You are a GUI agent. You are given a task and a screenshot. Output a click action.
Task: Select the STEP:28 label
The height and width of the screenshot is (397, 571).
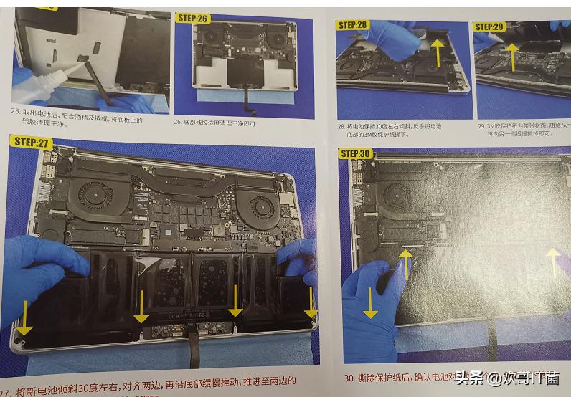[351, 25]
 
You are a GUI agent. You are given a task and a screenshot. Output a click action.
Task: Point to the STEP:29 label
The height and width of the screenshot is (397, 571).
[489, 27]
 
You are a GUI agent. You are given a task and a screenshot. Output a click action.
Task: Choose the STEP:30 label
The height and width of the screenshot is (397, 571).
[356, 153]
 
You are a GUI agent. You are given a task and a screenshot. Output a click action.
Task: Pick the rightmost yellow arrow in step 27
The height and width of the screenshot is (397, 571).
[310, 303]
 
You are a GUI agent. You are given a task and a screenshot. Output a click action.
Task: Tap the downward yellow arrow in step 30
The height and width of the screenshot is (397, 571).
[371, 302]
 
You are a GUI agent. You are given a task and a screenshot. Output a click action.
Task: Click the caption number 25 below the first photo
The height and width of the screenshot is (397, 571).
[15, 111]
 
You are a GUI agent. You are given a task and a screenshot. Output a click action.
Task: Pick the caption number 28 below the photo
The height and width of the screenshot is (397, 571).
[341, 126]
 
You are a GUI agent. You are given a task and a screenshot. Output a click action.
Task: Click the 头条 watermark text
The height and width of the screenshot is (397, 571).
[470, 377]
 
